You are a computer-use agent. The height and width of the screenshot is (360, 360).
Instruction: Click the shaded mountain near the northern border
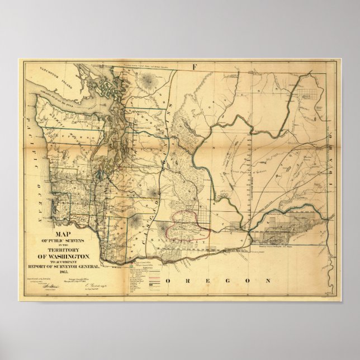click(x=148, y=83)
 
